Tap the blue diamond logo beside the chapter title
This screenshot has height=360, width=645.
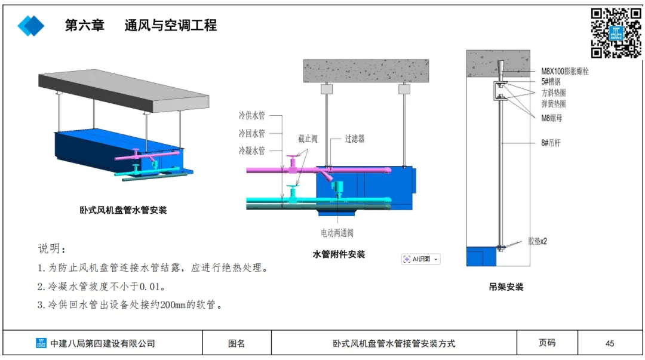pyautogui.click(x=31, y=26)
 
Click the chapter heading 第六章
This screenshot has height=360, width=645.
pyautogui.click(x=84, y=25)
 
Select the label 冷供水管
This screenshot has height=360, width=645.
pyautogui.click(x=251, y=115)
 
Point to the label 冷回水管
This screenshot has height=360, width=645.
pyautogui.click(x=251, y=133)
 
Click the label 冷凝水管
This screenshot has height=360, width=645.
pyautogui.click(x=251, y=151)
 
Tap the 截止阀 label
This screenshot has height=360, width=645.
pyautogui.click(x=308, y=139)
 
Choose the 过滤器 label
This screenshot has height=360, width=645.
pyautogui.click(x=354, y=139)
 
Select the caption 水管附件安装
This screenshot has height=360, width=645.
pyautogui.click(x=339, y=254)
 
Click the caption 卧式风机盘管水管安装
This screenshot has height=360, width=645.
pyautogui.click(x=123, y=210)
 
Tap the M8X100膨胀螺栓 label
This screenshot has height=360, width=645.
pyautogui.click(x=565, y=71)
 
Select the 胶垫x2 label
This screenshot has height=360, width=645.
pyautogui.click(x=537, y=242)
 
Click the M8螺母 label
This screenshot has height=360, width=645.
pyautogui.click(x=551, y=118)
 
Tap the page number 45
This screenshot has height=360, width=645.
pyautogui.click(x=610, y=343)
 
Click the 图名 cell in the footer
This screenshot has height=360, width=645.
pyautogui.click(x=236, y=343)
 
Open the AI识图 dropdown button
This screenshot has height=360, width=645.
pyautogui.click(x=420, y=259)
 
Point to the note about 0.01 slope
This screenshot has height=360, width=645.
pyautogui.click(x=102, y=287)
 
